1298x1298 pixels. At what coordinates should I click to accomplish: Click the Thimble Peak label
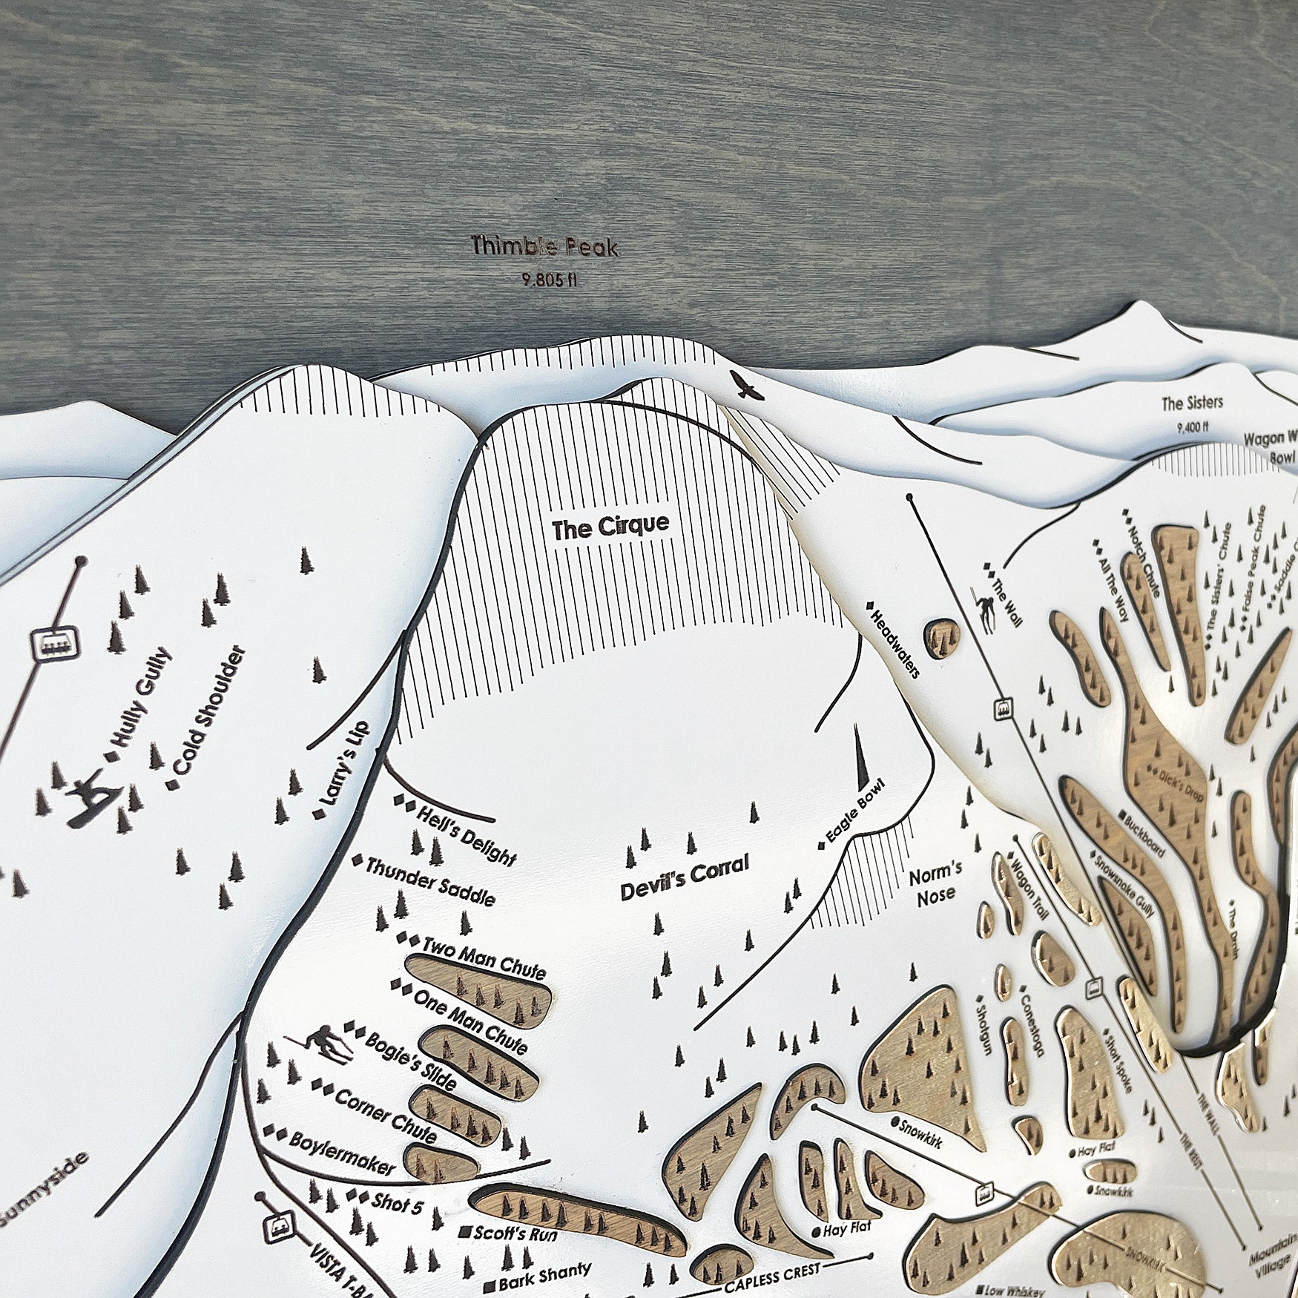tap(545, 247)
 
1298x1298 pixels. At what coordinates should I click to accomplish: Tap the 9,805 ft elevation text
tap(550, 280)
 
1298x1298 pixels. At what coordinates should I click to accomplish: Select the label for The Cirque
tap(610, 527)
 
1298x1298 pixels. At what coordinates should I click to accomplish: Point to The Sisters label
tap(1192, 403)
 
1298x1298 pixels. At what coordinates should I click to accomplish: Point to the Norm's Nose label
tap(935, 884)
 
